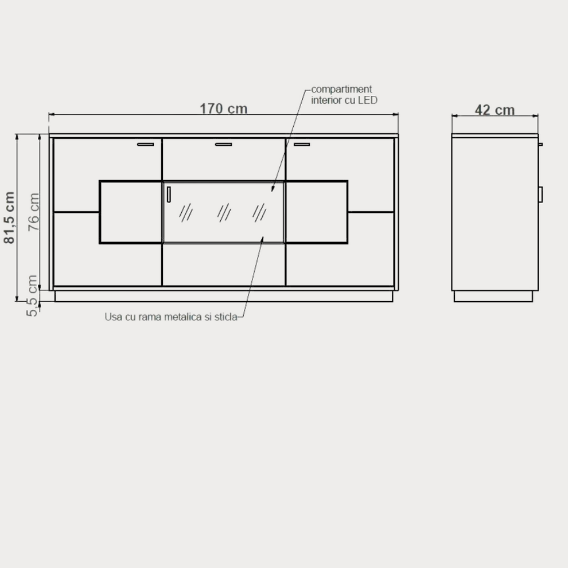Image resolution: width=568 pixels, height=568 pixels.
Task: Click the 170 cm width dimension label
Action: (224, 108)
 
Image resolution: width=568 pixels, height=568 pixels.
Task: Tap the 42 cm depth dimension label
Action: (495, 110)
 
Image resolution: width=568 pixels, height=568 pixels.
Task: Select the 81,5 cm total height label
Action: (9, 217)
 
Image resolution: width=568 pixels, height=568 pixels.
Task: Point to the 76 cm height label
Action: (34, 212)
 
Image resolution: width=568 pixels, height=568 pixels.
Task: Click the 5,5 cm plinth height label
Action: (32, 295)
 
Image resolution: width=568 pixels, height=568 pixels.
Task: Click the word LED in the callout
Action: (368, 100)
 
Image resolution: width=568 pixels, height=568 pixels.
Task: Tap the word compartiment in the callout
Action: (341, 89)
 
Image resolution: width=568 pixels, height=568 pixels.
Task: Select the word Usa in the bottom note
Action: (114, 317)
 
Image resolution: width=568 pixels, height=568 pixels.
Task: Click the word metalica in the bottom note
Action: (182, 317)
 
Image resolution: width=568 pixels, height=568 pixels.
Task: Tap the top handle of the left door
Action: (145, 145)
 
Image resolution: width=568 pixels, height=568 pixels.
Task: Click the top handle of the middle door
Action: (224, 145)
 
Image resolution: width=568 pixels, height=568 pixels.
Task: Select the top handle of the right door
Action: (302, 145)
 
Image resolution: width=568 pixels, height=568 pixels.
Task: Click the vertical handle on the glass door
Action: (169, 194)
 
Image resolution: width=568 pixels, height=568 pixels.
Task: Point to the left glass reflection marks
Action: (186, 212)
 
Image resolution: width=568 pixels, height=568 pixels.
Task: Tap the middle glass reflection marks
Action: (224, 212)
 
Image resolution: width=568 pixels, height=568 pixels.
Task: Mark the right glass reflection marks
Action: (259, 212)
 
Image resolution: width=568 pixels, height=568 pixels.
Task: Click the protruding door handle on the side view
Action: (540, 194)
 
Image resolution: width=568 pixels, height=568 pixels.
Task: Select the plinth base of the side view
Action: (493, 296)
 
